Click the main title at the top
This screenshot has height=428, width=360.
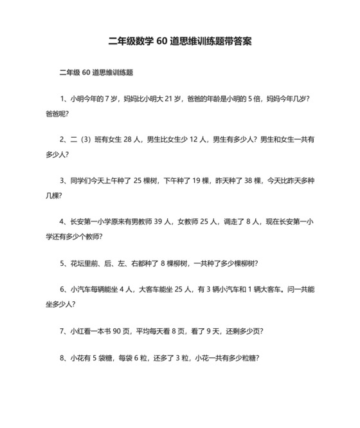180,41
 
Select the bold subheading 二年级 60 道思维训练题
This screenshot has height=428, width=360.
96,72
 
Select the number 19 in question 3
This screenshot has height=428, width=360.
194,180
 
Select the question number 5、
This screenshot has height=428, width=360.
64,263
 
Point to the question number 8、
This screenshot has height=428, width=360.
64,358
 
